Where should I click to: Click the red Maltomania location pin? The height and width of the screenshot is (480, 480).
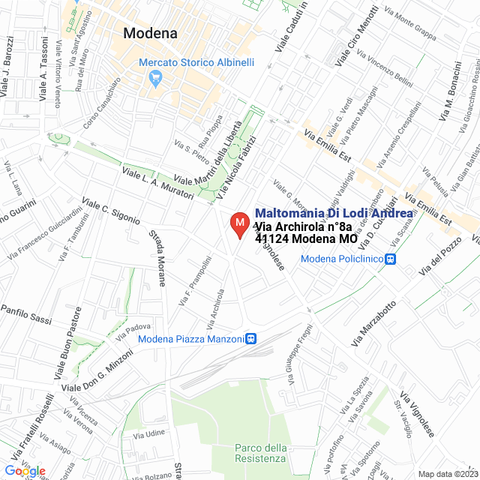tap(239, 224)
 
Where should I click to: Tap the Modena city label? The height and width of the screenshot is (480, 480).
tap(150, 33)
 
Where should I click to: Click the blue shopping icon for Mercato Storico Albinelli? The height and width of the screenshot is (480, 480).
tap(155, 76)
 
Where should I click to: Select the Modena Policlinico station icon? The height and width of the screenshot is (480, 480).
tap(390, 259)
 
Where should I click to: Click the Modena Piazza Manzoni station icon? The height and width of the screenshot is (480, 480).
tap(251, 339)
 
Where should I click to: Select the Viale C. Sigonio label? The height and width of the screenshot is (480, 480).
tap(111, 211)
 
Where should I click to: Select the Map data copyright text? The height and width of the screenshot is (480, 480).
tap(447, 474)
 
